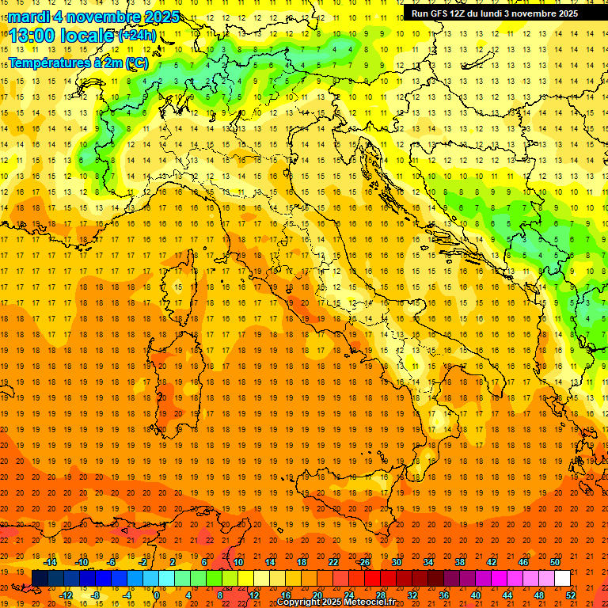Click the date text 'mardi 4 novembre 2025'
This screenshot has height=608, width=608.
click(x=93, y=17)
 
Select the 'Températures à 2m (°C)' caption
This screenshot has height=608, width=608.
click(x=78, y=63)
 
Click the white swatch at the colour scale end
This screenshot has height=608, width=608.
click(x=562, y=578)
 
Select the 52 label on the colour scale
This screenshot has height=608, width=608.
click(x=571, y=595)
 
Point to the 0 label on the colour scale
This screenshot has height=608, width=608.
click(x=158, y=595)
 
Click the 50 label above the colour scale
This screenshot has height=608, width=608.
click(x=554, y=562)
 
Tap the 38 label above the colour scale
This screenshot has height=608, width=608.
click(x=459, y=562)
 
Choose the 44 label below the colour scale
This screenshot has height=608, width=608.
click(x=507, y=595)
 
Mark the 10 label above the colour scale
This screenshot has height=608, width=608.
click(x=237, y=562)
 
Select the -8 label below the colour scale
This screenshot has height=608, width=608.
click(x=95, y=595)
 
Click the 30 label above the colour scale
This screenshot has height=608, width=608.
click(x=396, y=562)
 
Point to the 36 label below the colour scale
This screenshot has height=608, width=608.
click(x=444, y=595)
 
